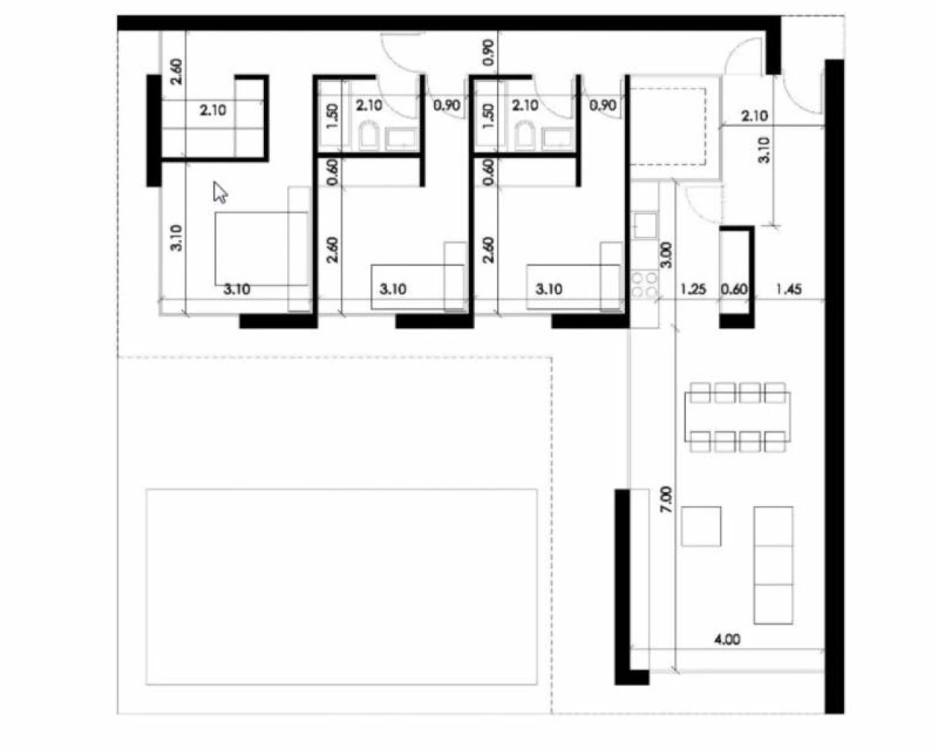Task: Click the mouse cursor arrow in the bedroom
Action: [x=220, y=192]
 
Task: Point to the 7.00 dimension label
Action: [x=665, y=500]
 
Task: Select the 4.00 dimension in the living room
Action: [x=727, y=639]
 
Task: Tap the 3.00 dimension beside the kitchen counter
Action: [x=666, y=254]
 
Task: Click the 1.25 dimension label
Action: [x=693, y=289]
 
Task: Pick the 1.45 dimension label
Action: [x=789, y=289]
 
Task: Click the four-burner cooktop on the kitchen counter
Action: [x=644, y=285]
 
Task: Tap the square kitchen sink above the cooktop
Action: [x=645, y=225]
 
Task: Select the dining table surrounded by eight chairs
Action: [x=737, y=417]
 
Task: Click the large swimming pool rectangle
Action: [x=341, y=587]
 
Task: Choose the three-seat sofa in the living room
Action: [x=773, y=565]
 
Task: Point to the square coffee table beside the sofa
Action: [x=701, y=526]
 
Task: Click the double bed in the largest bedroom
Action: [x=262, y=248]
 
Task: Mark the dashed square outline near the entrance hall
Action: [x=668, y=127]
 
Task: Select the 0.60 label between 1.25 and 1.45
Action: [x=734, y=289]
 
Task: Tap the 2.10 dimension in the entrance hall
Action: [x=755, y=116]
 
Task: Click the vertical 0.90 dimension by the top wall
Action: [x=489, y=52]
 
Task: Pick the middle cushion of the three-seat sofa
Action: [x=773, y=565]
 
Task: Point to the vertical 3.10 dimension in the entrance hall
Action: [x=764, y=150]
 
